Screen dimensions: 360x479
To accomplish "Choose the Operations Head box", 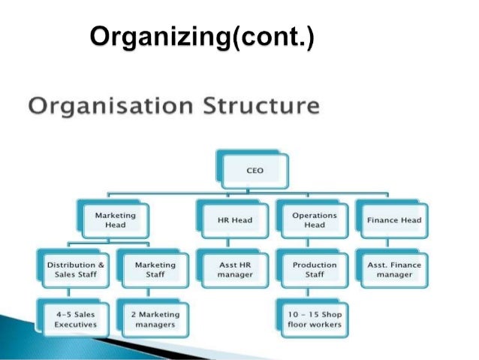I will [314, 220].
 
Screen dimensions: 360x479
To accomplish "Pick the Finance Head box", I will [394, 220].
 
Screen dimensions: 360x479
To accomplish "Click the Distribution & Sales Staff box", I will [76, 270].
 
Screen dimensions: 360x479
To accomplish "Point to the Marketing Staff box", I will [155, 270].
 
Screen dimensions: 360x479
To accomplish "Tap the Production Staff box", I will [314, 270].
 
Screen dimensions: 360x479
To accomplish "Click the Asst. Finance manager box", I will [394, 270].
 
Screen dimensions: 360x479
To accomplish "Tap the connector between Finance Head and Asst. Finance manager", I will [393, 244].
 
